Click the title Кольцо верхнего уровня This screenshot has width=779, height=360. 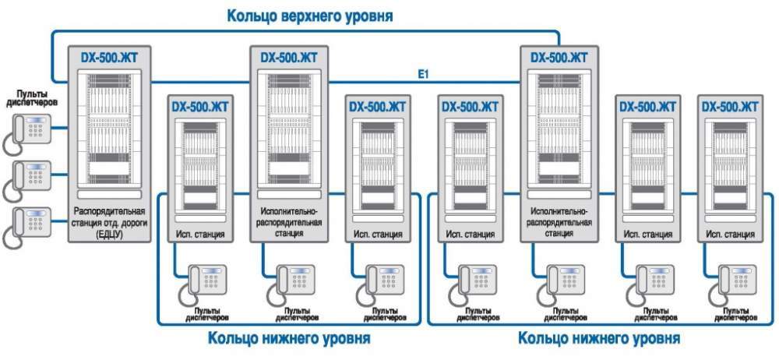coord(309,15)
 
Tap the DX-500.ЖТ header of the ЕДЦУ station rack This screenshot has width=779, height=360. coord(114,57)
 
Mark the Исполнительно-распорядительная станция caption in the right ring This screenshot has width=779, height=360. coord(560,221)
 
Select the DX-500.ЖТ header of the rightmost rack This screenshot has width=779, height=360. coord(729,106)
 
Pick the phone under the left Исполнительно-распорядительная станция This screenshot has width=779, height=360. coord(290,284)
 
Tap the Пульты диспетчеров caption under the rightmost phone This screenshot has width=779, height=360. coord(732,316)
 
